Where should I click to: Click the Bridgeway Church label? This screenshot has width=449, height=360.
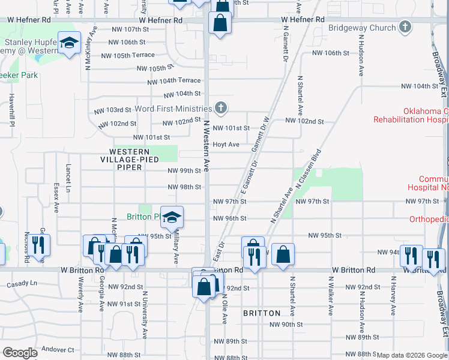coord(362,28)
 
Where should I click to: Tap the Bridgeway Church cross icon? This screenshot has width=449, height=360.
coord(406,27)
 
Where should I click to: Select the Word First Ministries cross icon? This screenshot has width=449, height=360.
coord(221,108)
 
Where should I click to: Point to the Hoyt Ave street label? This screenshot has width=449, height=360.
coord(226,145)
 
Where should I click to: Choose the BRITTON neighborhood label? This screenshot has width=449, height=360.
coord(262,313)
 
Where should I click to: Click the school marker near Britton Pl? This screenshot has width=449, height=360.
coord(172,217)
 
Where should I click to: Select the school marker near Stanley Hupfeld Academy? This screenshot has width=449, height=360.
coord(70,43)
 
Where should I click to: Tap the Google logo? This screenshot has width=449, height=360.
coord(20,353)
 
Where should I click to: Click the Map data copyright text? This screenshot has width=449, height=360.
coord(412,355)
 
